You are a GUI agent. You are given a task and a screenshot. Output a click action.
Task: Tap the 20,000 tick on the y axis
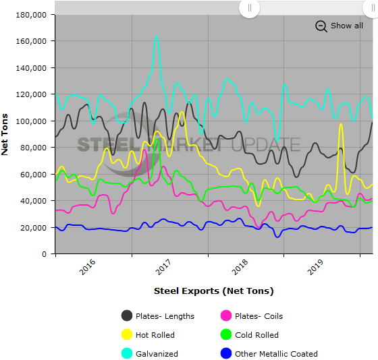pos(34,227)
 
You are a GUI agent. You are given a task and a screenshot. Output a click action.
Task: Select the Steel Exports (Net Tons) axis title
pos(213,291)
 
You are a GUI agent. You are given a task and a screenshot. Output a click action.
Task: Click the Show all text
pos(346,26)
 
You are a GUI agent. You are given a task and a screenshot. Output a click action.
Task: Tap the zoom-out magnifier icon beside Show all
pos(321,26)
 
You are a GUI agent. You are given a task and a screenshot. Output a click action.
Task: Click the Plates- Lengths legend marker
pos(127,316)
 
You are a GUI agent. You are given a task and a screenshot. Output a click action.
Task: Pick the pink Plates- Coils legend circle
pos(226,316)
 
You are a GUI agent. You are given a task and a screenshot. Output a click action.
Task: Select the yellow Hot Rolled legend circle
pos(127,335)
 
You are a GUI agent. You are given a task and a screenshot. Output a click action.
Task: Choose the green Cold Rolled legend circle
pos(226,335)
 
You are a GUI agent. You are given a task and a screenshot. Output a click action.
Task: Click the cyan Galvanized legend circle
pos(127,353)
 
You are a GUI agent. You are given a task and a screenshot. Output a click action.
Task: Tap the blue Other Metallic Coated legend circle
pos(226,353)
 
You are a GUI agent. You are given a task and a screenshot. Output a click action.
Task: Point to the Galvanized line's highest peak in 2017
pos(157,36)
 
